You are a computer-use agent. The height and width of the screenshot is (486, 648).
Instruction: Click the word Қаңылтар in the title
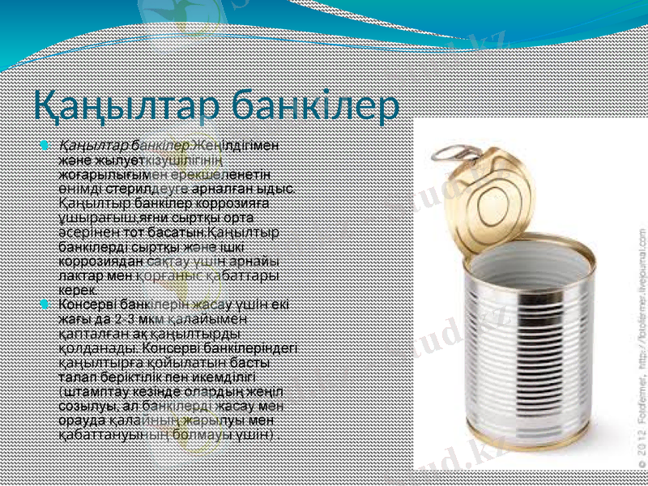[122, 105]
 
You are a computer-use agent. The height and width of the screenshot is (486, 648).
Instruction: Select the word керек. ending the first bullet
[77, 290]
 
